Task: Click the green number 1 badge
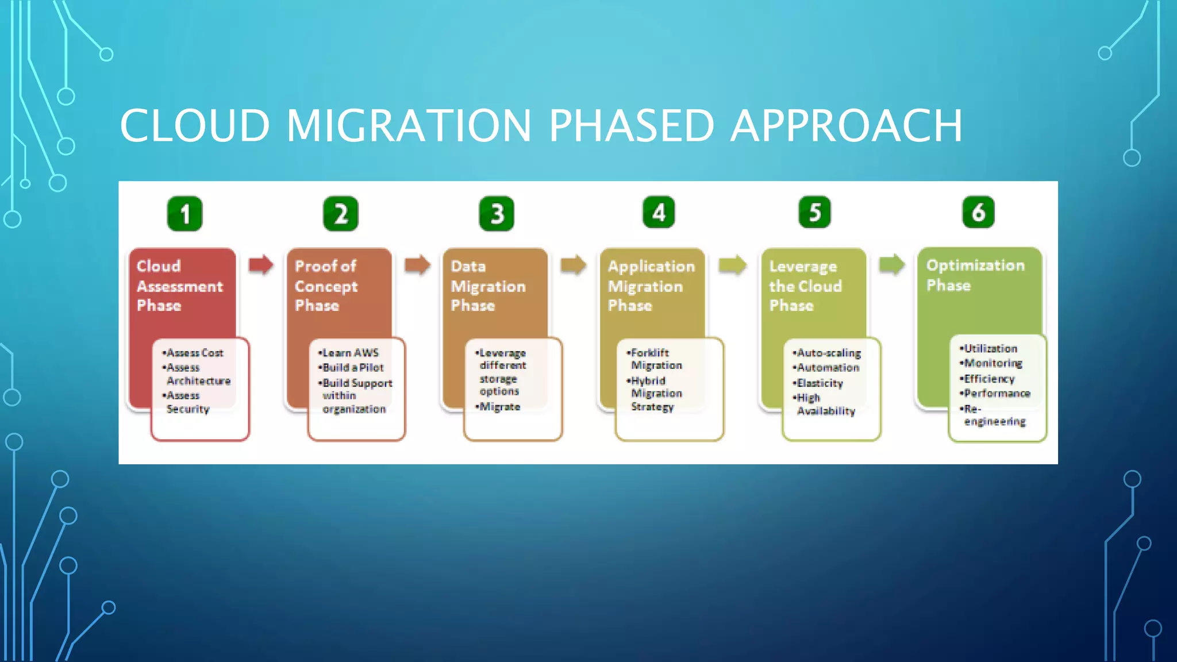pos(184,214)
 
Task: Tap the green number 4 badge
pos(659,213)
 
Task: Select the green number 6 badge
pos(978,213)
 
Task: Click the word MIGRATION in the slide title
pos(409,126)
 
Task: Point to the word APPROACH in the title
pos(847,126)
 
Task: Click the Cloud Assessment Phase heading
pos(179,286)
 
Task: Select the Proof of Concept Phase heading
pos(326,286)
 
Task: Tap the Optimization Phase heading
pos(975,275)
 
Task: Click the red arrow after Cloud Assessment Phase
pos(261,265)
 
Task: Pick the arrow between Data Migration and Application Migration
pos(573,265)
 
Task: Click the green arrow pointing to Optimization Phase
pos(892,265)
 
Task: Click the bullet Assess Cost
pos(194,353)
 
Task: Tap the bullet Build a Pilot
pos(352,368)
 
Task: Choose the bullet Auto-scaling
pos(828,353)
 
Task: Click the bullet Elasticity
pos(819,383)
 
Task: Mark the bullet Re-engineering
pos(993,415)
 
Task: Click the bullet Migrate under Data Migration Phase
pos(499,407)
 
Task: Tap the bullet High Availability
pos(825,405)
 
